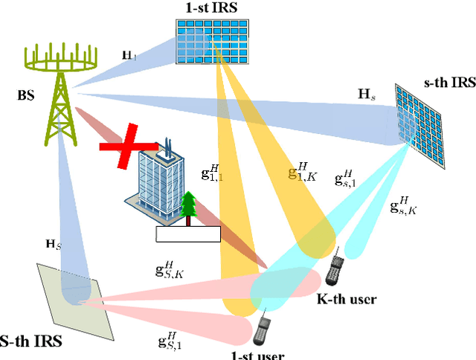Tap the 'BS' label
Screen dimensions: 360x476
[27, 95]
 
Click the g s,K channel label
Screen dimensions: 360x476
[405, 205]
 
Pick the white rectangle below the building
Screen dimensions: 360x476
[188, 234]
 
